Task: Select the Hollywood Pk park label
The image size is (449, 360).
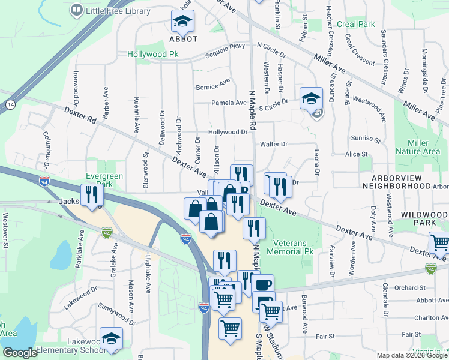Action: coord(153,54)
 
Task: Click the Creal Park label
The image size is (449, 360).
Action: coord(356,25)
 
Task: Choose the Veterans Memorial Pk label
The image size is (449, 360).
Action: coord(294,247)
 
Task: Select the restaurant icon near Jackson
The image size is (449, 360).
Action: coord(91,194)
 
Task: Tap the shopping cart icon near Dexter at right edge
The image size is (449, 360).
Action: coord(439,242)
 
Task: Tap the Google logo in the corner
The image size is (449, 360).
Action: coord(20,353)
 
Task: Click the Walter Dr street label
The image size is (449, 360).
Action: coord(274,144)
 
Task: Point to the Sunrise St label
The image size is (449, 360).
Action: coord(367,139)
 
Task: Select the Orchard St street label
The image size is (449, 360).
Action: coord(410,287)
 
